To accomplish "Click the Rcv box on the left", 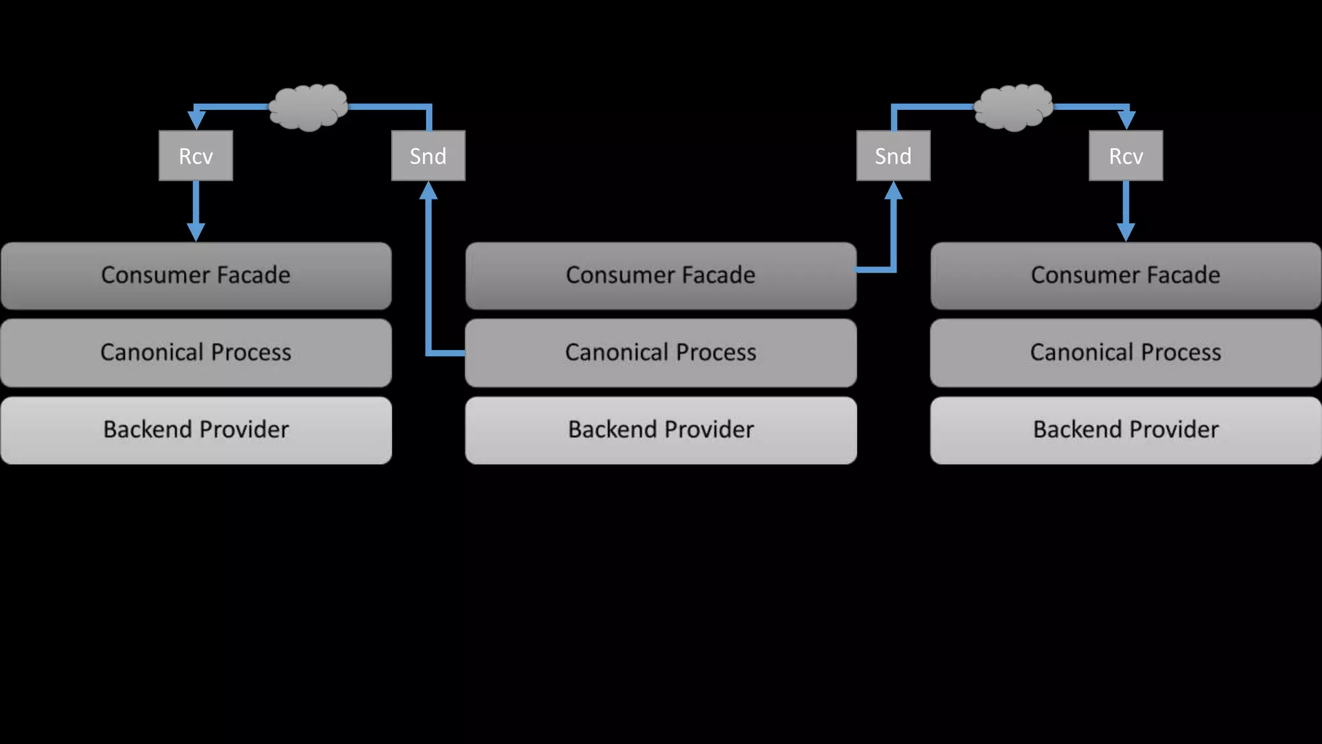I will pos(196,156).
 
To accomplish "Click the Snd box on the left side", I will pos(428,156).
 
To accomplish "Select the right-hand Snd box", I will pos(893,156).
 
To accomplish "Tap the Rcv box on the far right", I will pos(1126,156).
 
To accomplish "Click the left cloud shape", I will pos(308,107).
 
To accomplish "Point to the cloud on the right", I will pos(1013,107).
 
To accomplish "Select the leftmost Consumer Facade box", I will pos(196,276).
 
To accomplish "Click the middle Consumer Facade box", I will pos(660,276).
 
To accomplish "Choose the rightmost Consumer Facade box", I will pos(1126,276).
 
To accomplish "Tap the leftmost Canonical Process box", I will pos(196,353).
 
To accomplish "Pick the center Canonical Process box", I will pos(660,353).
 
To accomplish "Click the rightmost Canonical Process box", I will pos(1126,353).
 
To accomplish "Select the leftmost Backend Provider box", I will pos(196,430).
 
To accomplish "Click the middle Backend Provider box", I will pos(660,430).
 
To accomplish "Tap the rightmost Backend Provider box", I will pos(1126,430).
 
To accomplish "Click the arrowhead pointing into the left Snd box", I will pos(428,191).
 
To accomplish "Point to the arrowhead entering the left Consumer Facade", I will pos(196,232).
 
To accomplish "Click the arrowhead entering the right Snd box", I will pos(893,191).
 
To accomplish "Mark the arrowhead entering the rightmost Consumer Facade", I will pos(1126,232).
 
